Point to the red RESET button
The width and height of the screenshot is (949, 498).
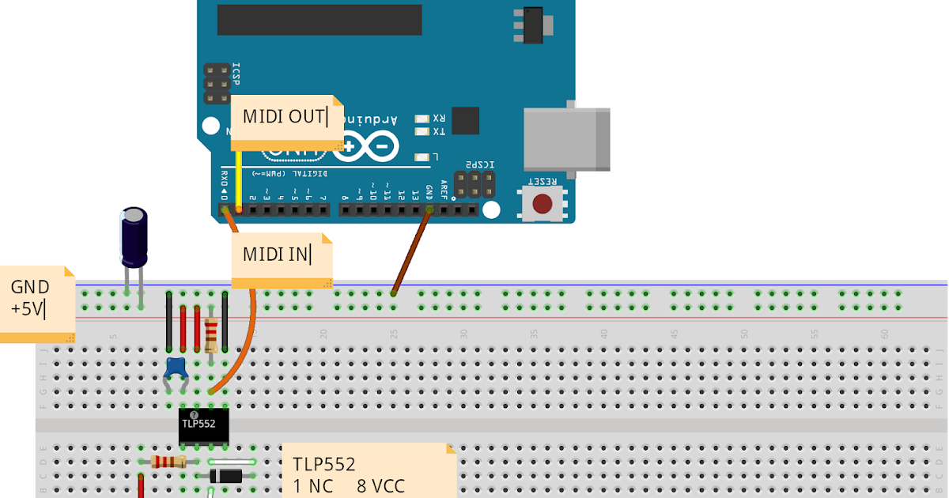pyautogui.click(x=542, y=203)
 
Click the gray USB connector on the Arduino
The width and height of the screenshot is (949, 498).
pyautogui.click(x=566, y=138)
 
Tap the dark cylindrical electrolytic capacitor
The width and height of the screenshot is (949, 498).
pyautogui.click(x=133, y=237)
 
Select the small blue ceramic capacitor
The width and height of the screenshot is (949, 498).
pyautogui.click(x=175, y=368)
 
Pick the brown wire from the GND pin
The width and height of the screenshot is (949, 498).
pyautogui.click(x=411, y=251)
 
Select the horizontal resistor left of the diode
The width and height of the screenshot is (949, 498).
pyautogui.click(x=168, y=462)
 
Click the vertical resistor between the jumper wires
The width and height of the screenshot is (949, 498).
pyautogui.click(x=211, y=334)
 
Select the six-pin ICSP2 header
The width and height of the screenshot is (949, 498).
pyautogui.click(x=474, y=184)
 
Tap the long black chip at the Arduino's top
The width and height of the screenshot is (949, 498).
pyautogui.click(x=319, y=20)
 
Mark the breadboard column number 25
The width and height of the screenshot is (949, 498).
pyautogui.click(x=394, y=334)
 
